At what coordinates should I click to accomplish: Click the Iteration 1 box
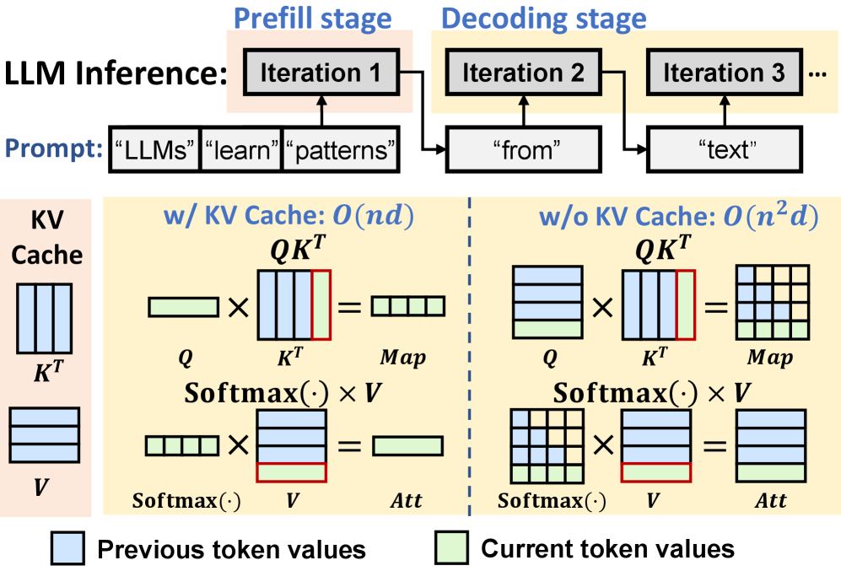click(320, 73)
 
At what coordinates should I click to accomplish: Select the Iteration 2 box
click(523, 73)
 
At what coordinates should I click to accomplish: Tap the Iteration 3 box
click(724, 73)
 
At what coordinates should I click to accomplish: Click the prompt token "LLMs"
click(154, 152)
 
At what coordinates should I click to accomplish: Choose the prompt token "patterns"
click(340, 152)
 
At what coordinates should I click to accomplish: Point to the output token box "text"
click(724, 152)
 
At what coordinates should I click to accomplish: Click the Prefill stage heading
click(312, 18)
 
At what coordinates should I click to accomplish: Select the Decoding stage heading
click(544, 18)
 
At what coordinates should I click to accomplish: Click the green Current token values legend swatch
click(452, 549)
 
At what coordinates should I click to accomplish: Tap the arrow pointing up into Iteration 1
click(321, 110)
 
